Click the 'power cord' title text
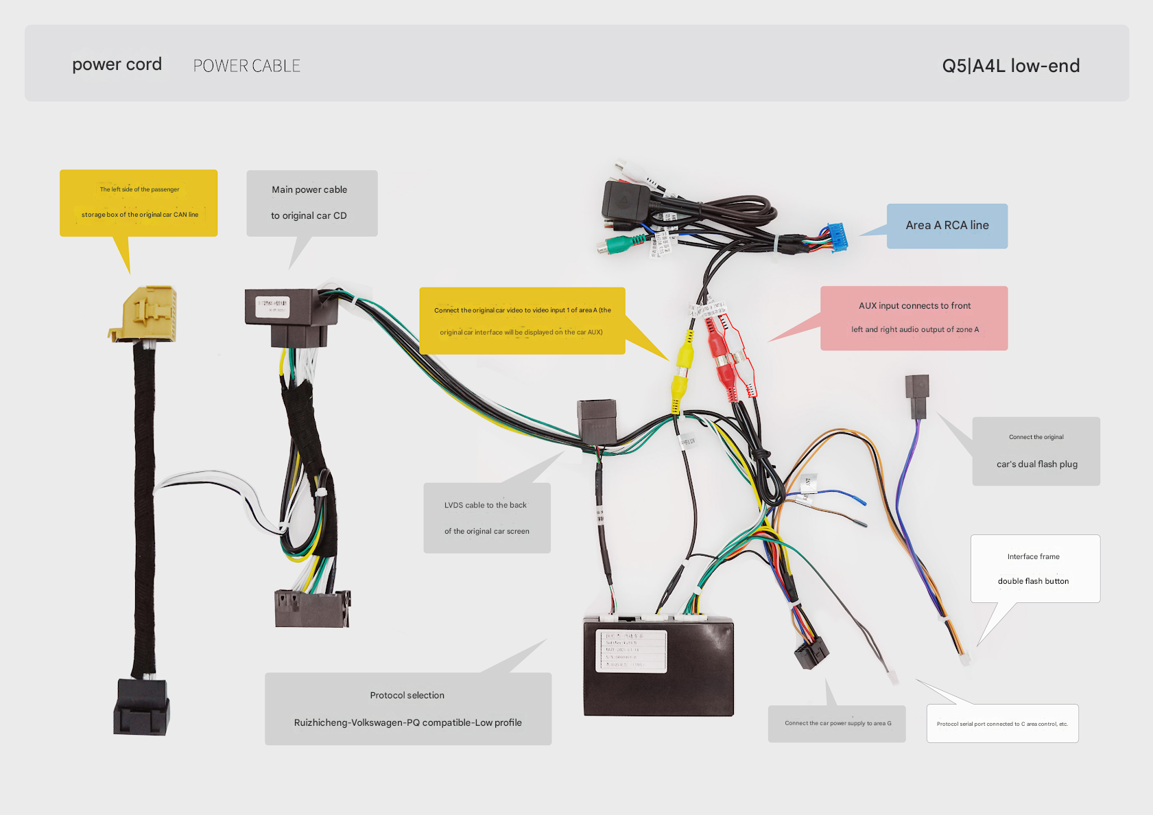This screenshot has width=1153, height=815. (x=117, y=64)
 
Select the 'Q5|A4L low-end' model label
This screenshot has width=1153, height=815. (x=1010, y=66)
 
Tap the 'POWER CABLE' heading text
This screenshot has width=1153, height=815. (x=247, y=66)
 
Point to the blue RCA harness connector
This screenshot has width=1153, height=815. (x=836, y=237)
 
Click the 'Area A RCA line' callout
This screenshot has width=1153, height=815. (x=947, y=226)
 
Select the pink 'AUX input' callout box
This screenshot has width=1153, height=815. (x=914, y=318)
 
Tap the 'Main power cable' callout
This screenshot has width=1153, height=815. (x=311, y=203)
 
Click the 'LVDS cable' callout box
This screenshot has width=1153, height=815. (x=486, y=518)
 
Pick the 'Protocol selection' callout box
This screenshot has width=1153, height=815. (x=407, y=709)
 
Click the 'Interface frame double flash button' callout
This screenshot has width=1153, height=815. (x=1034, y=569)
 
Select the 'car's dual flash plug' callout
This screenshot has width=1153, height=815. (x=1036, y=451)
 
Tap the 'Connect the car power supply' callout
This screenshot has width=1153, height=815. (x=837, y=723)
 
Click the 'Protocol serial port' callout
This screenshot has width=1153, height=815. (x=1002, y=723)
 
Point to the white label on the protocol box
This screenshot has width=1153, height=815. (x=631, y=650)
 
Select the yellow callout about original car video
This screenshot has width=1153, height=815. (x=522, y=320)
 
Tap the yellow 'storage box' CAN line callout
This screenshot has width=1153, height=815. (x=139, y=203)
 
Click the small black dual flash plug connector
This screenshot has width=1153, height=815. (x=917, y=395)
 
